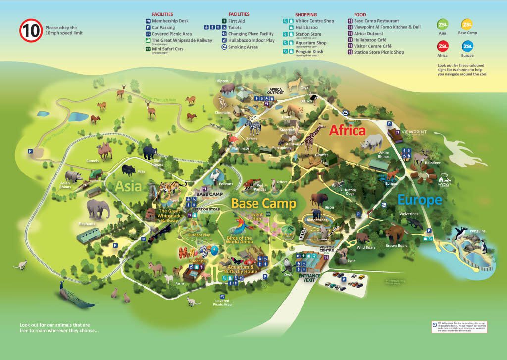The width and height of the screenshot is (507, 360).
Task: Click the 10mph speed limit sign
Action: click(30, 31)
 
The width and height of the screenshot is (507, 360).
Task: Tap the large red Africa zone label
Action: click(348, 131)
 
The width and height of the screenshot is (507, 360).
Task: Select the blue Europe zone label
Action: click(419, 200)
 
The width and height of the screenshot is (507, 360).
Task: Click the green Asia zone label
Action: click(128, 187)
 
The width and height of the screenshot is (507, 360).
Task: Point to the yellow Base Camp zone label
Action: click(263, 204)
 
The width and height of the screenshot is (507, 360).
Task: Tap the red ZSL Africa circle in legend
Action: click(443, 46)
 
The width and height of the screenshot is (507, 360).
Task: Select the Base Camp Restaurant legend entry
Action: click(376, 21)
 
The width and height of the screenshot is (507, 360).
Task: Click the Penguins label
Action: click(478, 231)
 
